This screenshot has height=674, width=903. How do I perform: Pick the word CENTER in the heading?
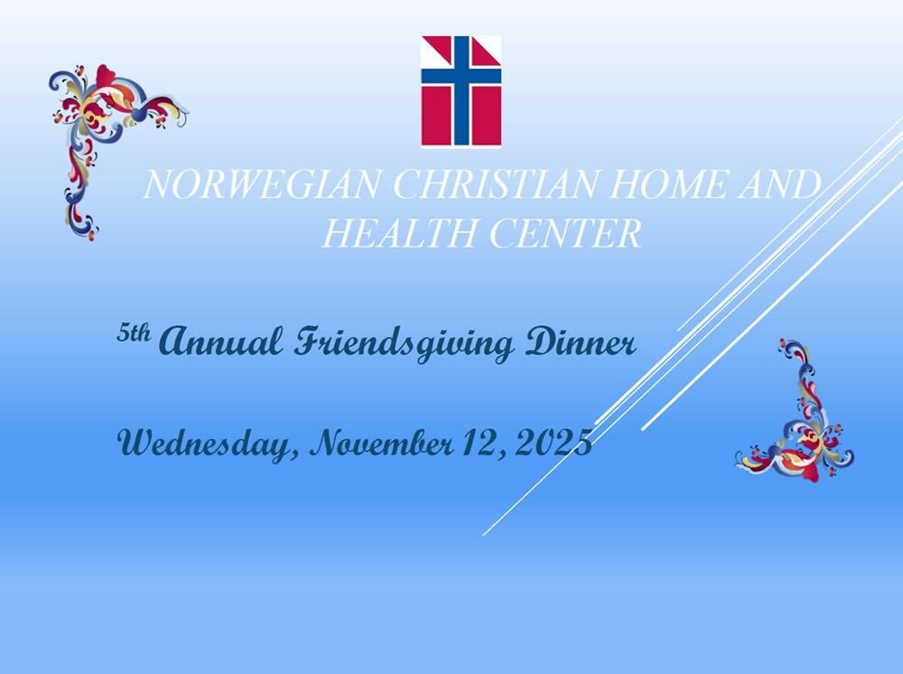565,233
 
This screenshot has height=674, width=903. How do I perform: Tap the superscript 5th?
134,332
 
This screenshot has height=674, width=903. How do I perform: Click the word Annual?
221,342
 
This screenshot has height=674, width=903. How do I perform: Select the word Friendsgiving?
404,344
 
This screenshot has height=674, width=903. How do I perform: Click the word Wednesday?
208,445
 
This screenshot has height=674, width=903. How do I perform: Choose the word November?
381,444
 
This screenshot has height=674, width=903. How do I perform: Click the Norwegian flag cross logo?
461,91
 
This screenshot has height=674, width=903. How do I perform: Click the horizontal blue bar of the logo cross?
461,76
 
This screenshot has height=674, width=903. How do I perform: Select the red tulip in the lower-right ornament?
810,473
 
